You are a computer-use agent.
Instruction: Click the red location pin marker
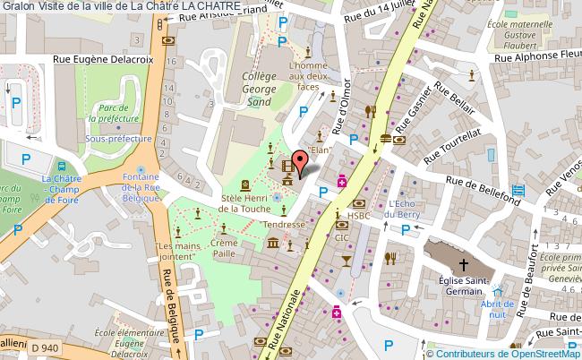(x=302, y=161)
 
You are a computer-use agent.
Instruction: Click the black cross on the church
(x=463, y=264)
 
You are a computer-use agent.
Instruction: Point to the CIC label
(x=342, y=238)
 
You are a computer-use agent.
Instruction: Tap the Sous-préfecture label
(x=112, y=139)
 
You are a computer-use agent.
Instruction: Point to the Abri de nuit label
(x=493, y=309)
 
